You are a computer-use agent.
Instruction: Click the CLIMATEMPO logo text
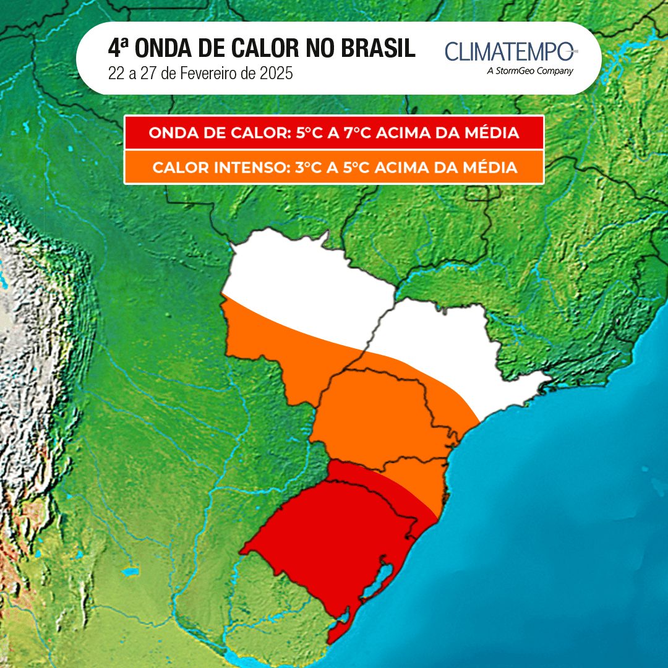pos(510,52)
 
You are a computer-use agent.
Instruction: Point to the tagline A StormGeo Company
pos(530,71)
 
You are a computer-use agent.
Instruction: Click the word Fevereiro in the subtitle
pos(207,73)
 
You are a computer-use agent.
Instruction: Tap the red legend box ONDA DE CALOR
pos(334,133)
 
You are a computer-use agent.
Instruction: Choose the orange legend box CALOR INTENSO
pos(334,168)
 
